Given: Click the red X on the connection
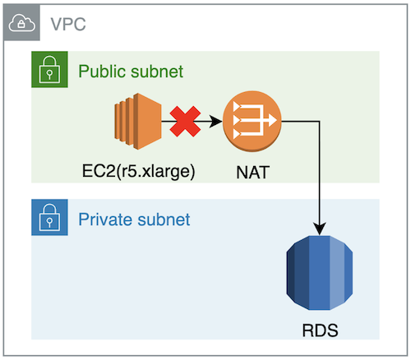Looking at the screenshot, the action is [x=185, y=121].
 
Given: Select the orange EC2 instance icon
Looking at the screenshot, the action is [x=138, y=121].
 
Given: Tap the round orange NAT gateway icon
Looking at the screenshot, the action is [x=252, y=122].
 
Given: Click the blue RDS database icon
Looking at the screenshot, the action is [x=320, y=273].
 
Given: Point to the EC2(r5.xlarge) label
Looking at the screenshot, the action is [x=139, y=172].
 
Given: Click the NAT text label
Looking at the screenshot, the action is [x=252, y=173].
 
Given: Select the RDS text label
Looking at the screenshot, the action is [x=320, y=330].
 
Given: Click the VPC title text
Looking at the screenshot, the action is [x=68, y=24].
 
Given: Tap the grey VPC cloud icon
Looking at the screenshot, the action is [x=22, y=23].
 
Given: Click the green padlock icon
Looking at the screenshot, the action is [x=49, y=69].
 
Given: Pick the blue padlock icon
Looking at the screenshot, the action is [x=49, y=217].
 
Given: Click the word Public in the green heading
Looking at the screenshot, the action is [x=102, y=72].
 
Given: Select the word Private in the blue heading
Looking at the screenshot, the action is [x=105, y=219].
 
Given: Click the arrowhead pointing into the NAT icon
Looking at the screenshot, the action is [x=215, y=121].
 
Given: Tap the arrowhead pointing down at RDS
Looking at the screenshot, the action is [x=320, y=228].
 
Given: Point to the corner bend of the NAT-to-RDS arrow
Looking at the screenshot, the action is [x=320, y=121].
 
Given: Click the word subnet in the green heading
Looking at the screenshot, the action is [x=157, y=72].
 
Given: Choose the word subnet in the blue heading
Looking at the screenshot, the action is [x=164, y=219].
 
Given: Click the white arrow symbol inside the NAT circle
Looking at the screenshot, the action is [x=255, y=120].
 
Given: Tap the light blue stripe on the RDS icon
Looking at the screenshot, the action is [x=337, y=273].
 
